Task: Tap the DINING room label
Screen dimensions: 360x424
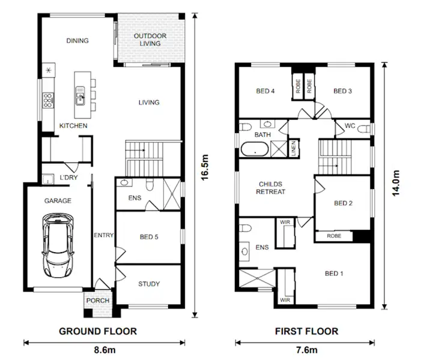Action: (x=77, y=41)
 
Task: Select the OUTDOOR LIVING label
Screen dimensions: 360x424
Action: (x=150, y=40)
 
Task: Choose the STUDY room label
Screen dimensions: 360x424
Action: (x=148, y=284)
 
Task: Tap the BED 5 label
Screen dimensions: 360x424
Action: (x=148, y=237)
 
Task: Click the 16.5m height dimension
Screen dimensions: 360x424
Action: (x=204, y=167)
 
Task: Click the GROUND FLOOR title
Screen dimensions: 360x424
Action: (x=97, y=331)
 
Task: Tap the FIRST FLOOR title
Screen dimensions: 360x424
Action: (x=306, y=331)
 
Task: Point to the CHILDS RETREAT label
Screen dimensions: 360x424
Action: (x=271, y=188)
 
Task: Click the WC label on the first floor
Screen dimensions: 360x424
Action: (x=350, y=126)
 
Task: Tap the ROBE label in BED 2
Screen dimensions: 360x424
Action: (x=334, y=236)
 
